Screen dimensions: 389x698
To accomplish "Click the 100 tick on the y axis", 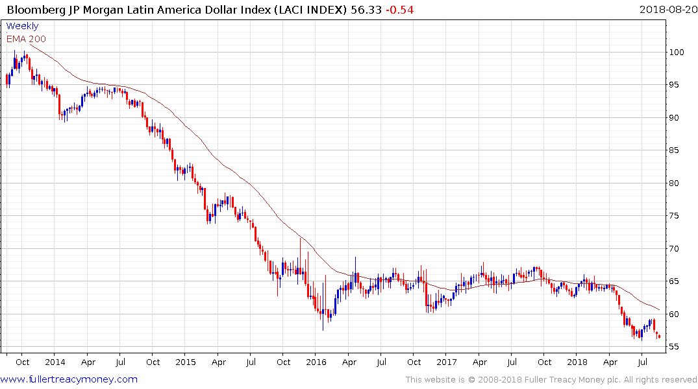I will pos(678,52).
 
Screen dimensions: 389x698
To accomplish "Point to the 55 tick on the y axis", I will pos(676,347).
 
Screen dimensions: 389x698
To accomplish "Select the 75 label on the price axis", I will pos(676,216).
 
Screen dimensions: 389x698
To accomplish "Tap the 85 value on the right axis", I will pos(676,150).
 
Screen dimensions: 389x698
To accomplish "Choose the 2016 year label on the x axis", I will pos(316,362).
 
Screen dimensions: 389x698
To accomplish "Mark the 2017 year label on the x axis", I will pos(446,362).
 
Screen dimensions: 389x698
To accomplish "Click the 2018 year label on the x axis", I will pos(577,362).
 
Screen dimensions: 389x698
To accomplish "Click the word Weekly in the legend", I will pos(22,27).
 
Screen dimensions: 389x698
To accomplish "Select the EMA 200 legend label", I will pos(26,39).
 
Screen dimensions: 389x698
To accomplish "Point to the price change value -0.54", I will pos(399,10).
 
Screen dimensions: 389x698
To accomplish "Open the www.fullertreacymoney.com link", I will pos(69,379).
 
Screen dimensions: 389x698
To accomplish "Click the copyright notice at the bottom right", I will pos(551,379).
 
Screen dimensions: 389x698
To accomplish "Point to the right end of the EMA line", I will pos(660,309).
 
